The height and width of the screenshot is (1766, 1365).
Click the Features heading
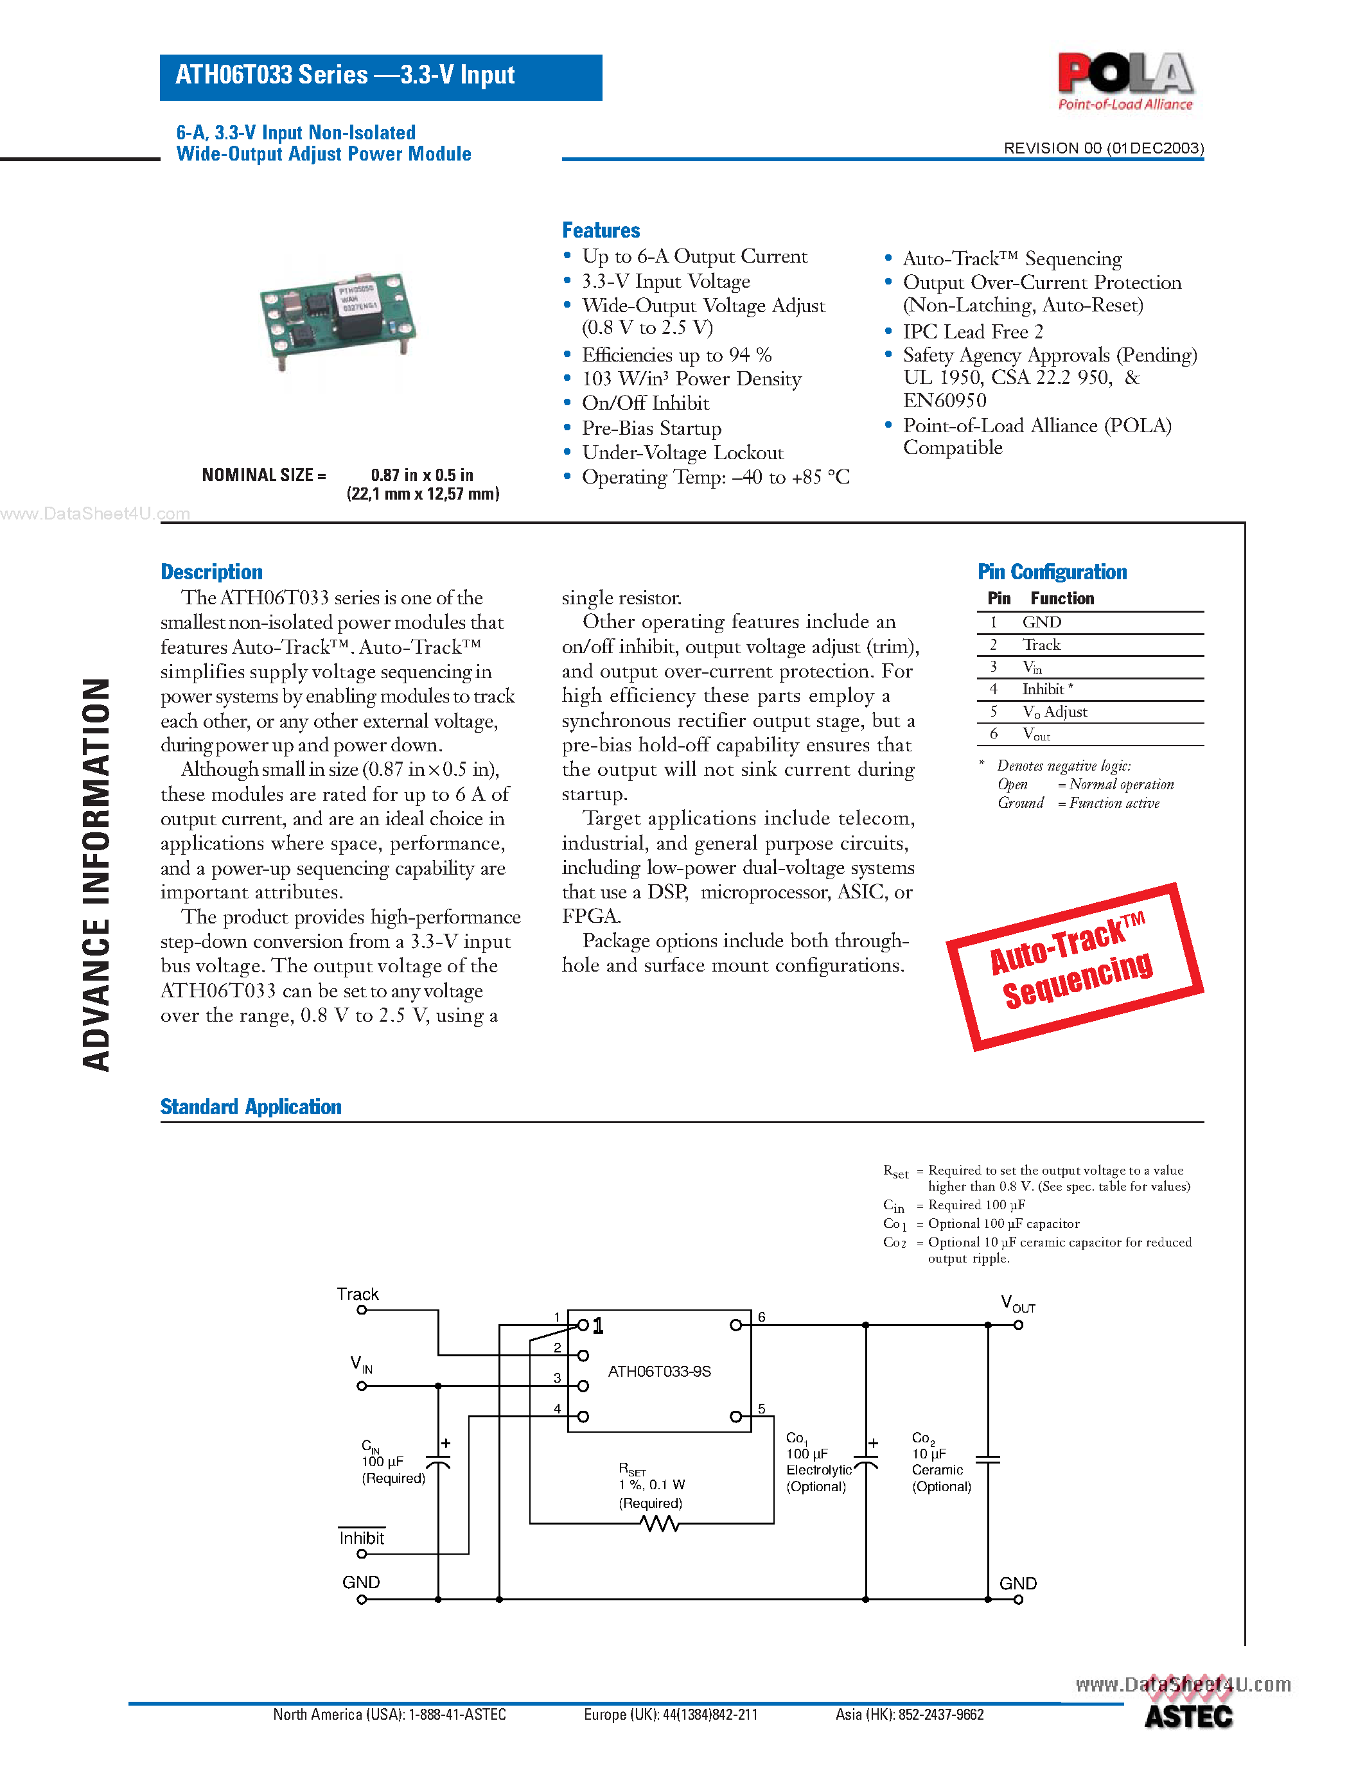pos(601,231)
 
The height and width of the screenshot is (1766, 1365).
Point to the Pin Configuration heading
pos(1052,572)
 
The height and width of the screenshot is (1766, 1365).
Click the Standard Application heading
pos(251,1106)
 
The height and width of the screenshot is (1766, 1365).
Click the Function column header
pos(1062,599)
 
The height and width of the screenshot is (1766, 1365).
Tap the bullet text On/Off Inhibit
pos(646,403)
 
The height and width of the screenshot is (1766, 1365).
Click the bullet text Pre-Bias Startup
pos(652,428)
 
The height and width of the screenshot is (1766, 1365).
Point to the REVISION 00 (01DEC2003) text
pos(1103,148)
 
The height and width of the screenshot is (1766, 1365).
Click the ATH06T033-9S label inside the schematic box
pos(659,1372)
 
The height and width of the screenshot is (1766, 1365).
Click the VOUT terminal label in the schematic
pos(1017,1304)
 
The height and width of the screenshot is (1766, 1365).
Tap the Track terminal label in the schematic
pos(357,1294)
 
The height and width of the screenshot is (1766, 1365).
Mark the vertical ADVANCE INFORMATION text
pos(96,874)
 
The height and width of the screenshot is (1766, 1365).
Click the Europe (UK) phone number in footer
pos(671,1714)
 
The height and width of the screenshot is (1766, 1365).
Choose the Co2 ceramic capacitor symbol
pos(987,1460)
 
